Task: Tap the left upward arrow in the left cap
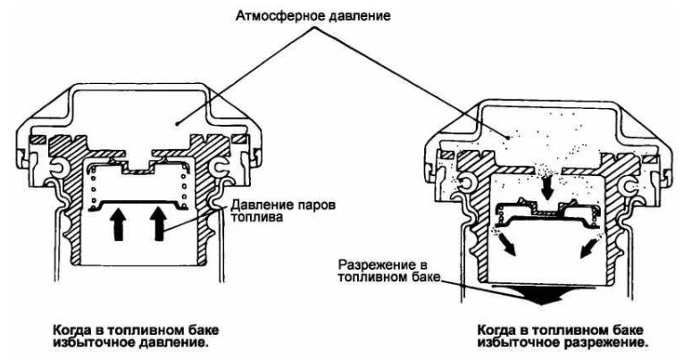pyautogui.click(x=117, y=222)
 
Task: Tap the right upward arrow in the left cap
pyautogui.click(x=158, y=222)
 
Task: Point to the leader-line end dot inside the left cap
pyautogui.click(x=179, y=117)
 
